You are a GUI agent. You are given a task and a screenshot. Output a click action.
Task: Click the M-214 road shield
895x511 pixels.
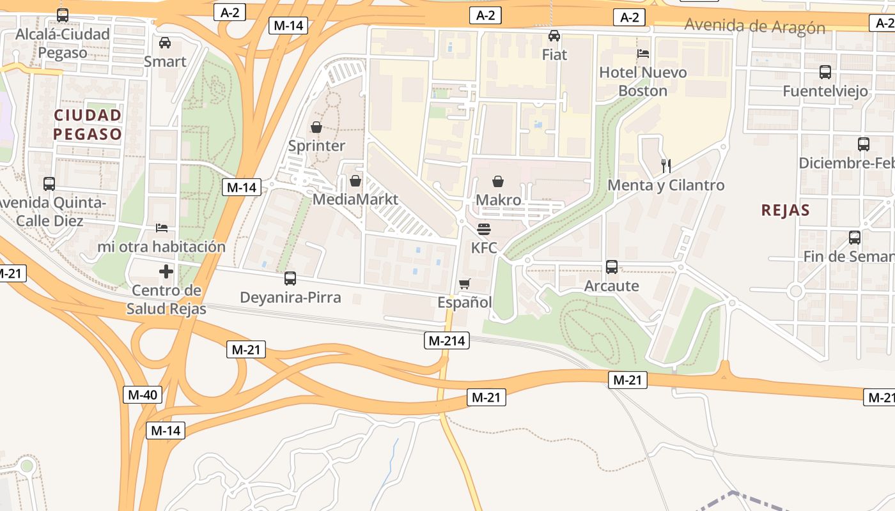(x=447, y=340)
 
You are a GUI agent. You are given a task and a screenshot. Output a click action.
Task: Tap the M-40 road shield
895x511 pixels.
(x=142, y=394)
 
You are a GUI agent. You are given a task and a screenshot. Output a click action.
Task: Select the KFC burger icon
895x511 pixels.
(x=484, y=229)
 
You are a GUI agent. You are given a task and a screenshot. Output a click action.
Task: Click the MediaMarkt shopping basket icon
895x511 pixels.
(x=355, y=181)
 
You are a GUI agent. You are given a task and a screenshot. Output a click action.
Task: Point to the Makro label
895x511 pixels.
(x=499, y=200)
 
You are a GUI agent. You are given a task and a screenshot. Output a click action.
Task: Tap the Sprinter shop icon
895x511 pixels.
(x=316, y=127)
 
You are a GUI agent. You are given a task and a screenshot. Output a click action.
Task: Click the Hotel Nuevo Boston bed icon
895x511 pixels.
(x=643, y=54)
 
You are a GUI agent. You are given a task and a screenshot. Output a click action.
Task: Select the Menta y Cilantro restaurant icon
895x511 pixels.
(x=666, y=166)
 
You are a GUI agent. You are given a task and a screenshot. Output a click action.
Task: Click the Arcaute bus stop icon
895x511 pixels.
(x=612, y=266)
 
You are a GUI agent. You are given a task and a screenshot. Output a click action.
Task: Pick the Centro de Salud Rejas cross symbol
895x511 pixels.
(x=166, y=271)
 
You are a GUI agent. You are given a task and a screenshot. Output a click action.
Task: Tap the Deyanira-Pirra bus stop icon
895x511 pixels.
(x=290, y=278)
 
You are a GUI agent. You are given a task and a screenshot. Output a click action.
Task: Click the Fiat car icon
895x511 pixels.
(x=554, y=36)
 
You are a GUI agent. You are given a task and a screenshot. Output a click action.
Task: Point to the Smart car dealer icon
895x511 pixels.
(x=165, y=43)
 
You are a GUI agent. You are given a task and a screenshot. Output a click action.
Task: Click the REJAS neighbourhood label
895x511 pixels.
(x=786, y=210)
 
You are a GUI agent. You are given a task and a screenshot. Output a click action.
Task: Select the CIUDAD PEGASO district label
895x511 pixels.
(x=88, y=125)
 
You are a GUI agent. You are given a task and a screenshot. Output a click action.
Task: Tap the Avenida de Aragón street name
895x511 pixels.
(x=754, y=27)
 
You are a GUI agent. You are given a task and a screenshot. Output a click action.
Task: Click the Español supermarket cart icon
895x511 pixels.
(x=465, y=284)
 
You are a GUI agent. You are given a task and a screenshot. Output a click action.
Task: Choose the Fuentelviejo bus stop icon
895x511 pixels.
(x=825, y=72)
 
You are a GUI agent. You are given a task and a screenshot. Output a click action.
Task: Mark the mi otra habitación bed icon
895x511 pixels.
(x=162, y=227)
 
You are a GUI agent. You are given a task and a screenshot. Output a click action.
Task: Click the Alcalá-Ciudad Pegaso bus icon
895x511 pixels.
(x=63, y=15)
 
